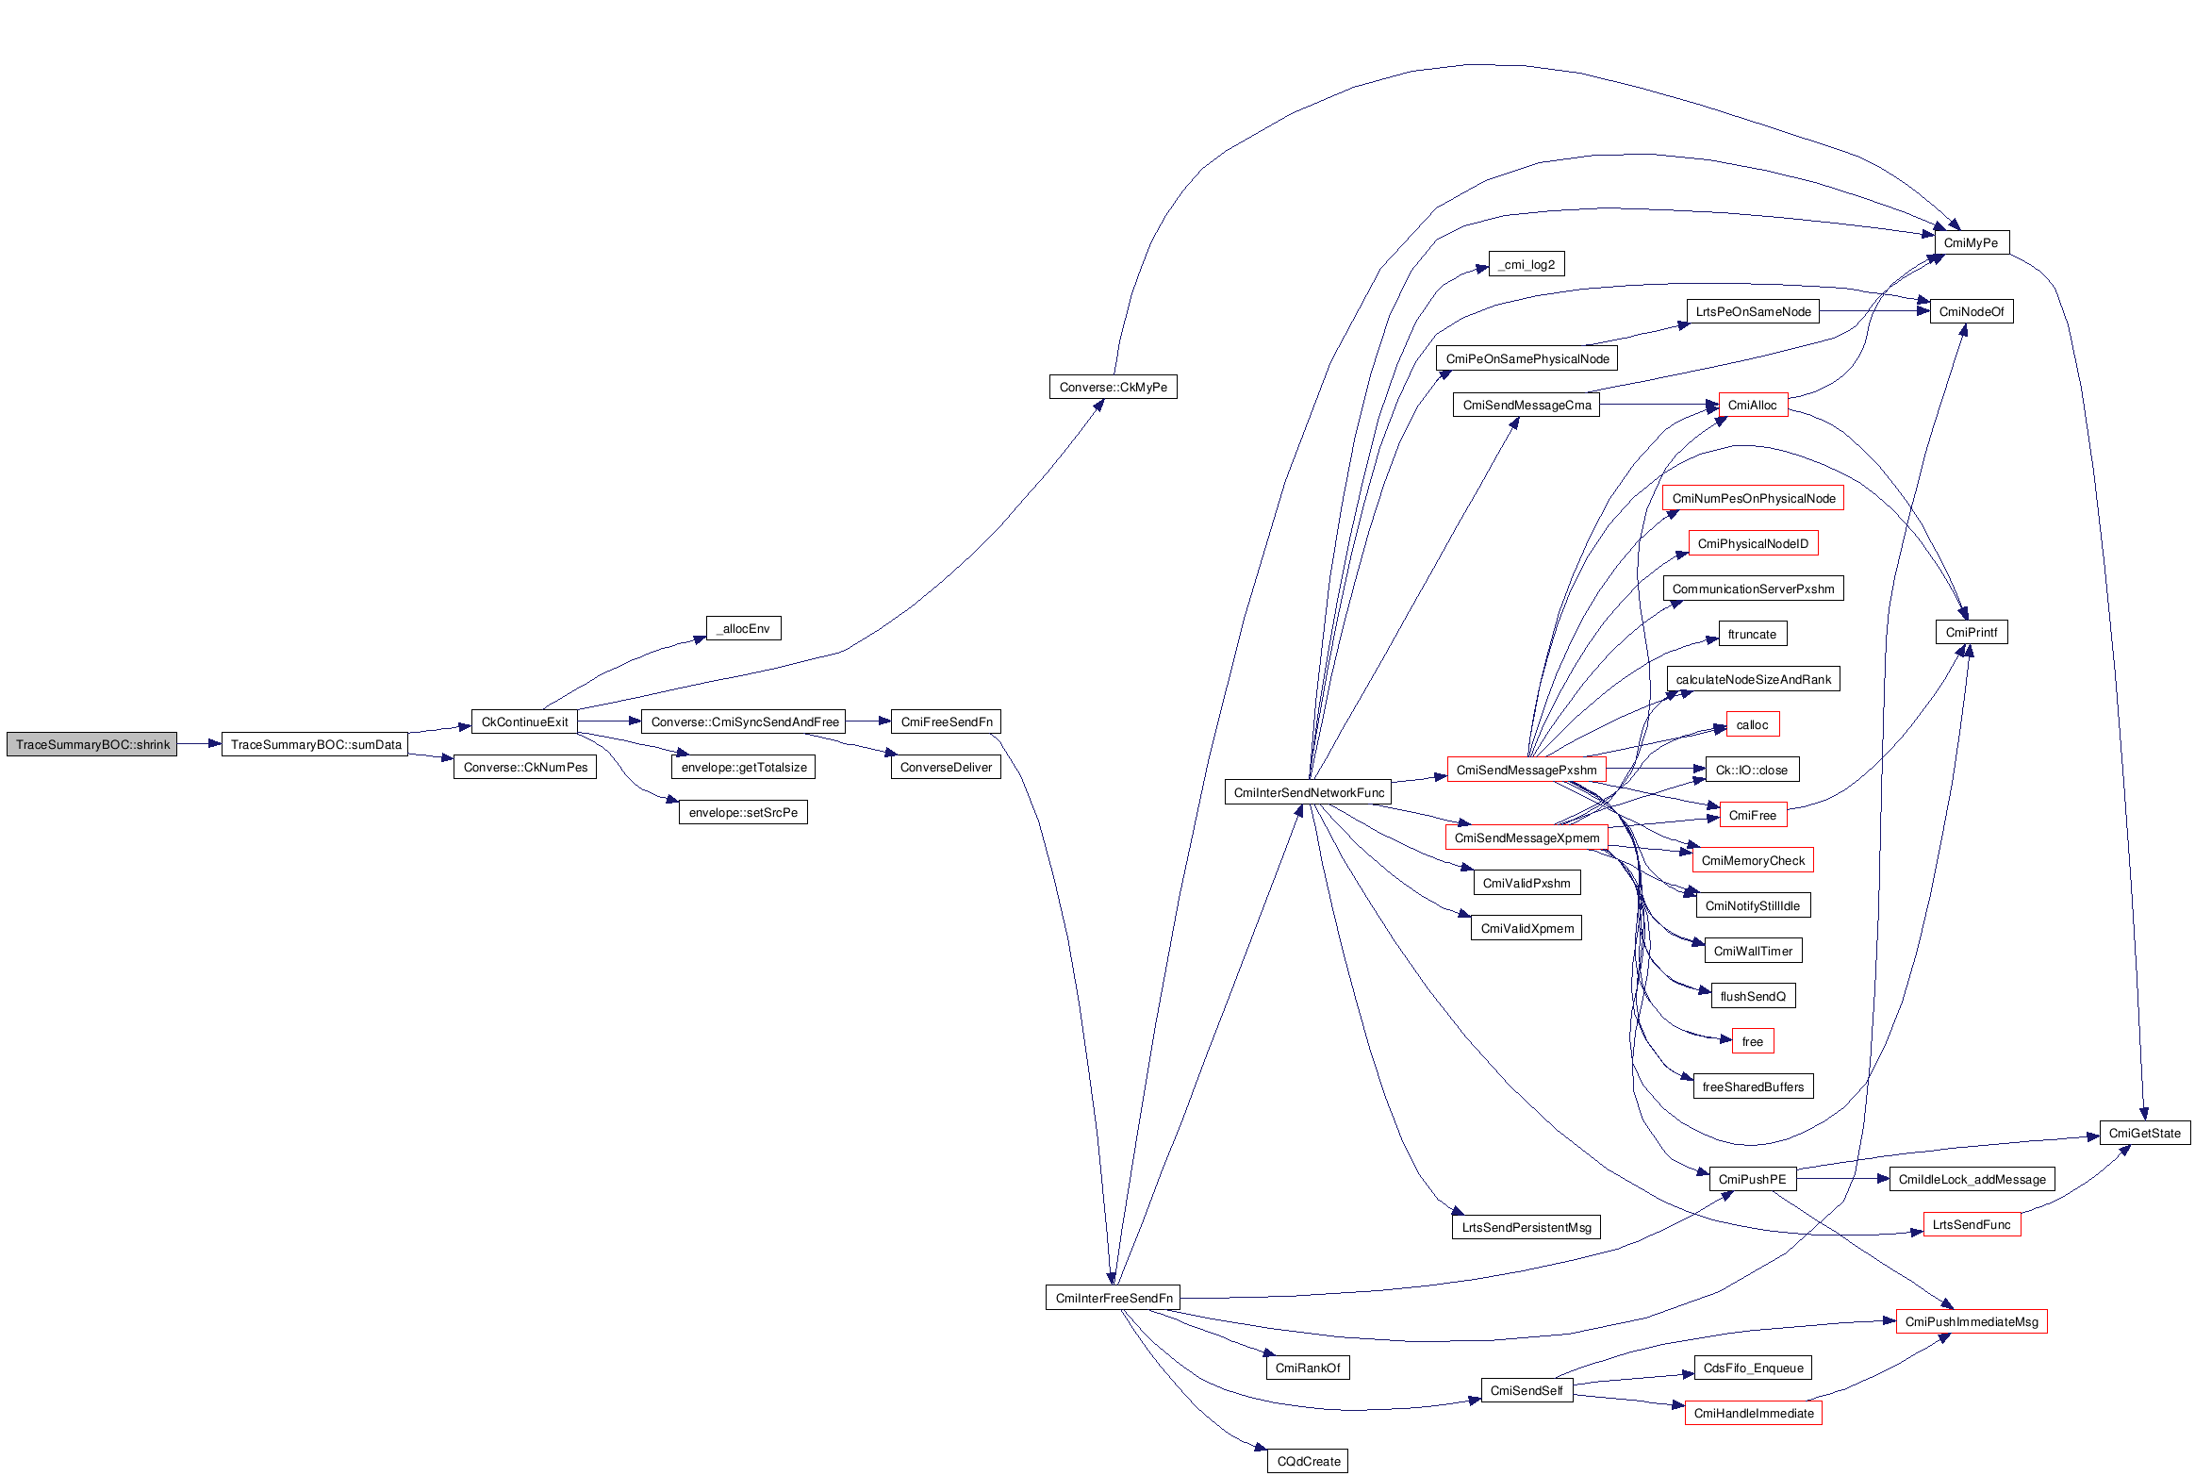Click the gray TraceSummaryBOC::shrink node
point(91,744)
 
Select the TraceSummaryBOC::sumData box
point(315,744)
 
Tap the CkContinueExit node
point(524,721)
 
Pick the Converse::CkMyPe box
point(1113,387)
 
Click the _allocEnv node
point(744,628)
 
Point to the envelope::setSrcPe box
point(743,812)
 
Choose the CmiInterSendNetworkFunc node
point(1309,792)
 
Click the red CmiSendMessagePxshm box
point(1527,770)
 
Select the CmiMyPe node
point(1971,242)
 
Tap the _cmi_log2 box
point(1527,264)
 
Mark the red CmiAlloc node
point(1753,405)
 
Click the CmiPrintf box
point(1971,632)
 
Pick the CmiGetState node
point(2145,1133)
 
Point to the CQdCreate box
point(1308,1461)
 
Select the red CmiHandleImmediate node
point(1754,1413)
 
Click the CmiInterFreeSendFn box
point(1113,1298)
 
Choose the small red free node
point(1753,1041)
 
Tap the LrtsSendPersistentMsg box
point(1527,1227)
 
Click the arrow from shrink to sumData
point(199,744)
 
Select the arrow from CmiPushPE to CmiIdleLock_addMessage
point(1843,1179)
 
